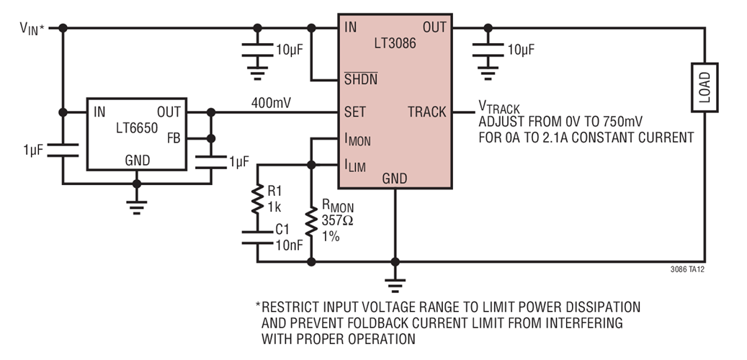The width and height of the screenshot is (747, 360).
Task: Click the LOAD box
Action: (704, 86)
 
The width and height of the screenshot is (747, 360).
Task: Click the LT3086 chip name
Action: (395, 42)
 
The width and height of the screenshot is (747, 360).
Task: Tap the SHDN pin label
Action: (361, 78)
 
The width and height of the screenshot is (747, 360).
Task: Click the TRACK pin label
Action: (427, 112)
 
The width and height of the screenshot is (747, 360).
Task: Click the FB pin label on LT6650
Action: (174, 138)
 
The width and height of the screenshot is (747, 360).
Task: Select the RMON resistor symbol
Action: (311, 223)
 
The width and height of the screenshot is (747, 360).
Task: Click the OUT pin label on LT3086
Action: (434, 28)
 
